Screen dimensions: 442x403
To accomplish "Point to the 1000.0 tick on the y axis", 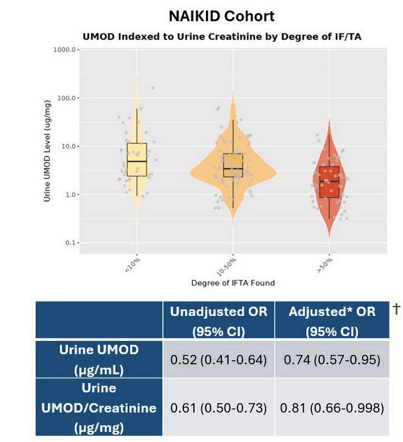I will pos(64,50).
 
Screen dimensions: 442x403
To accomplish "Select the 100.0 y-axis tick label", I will pos(65,98).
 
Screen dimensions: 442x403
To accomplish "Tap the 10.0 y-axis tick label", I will pos(67,146).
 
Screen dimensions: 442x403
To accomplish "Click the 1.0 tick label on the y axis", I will pos(68,195).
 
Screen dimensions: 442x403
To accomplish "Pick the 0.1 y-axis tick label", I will pos(68,243).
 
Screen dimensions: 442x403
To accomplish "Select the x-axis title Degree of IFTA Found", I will pos(233,284).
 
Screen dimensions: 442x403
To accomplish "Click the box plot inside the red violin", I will pos(329,182).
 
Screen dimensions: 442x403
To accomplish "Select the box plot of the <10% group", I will pos(137,160).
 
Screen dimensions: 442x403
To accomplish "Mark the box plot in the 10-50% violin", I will pos(233,165).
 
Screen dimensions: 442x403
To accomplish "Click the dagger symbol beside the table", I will pos(394,309).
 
